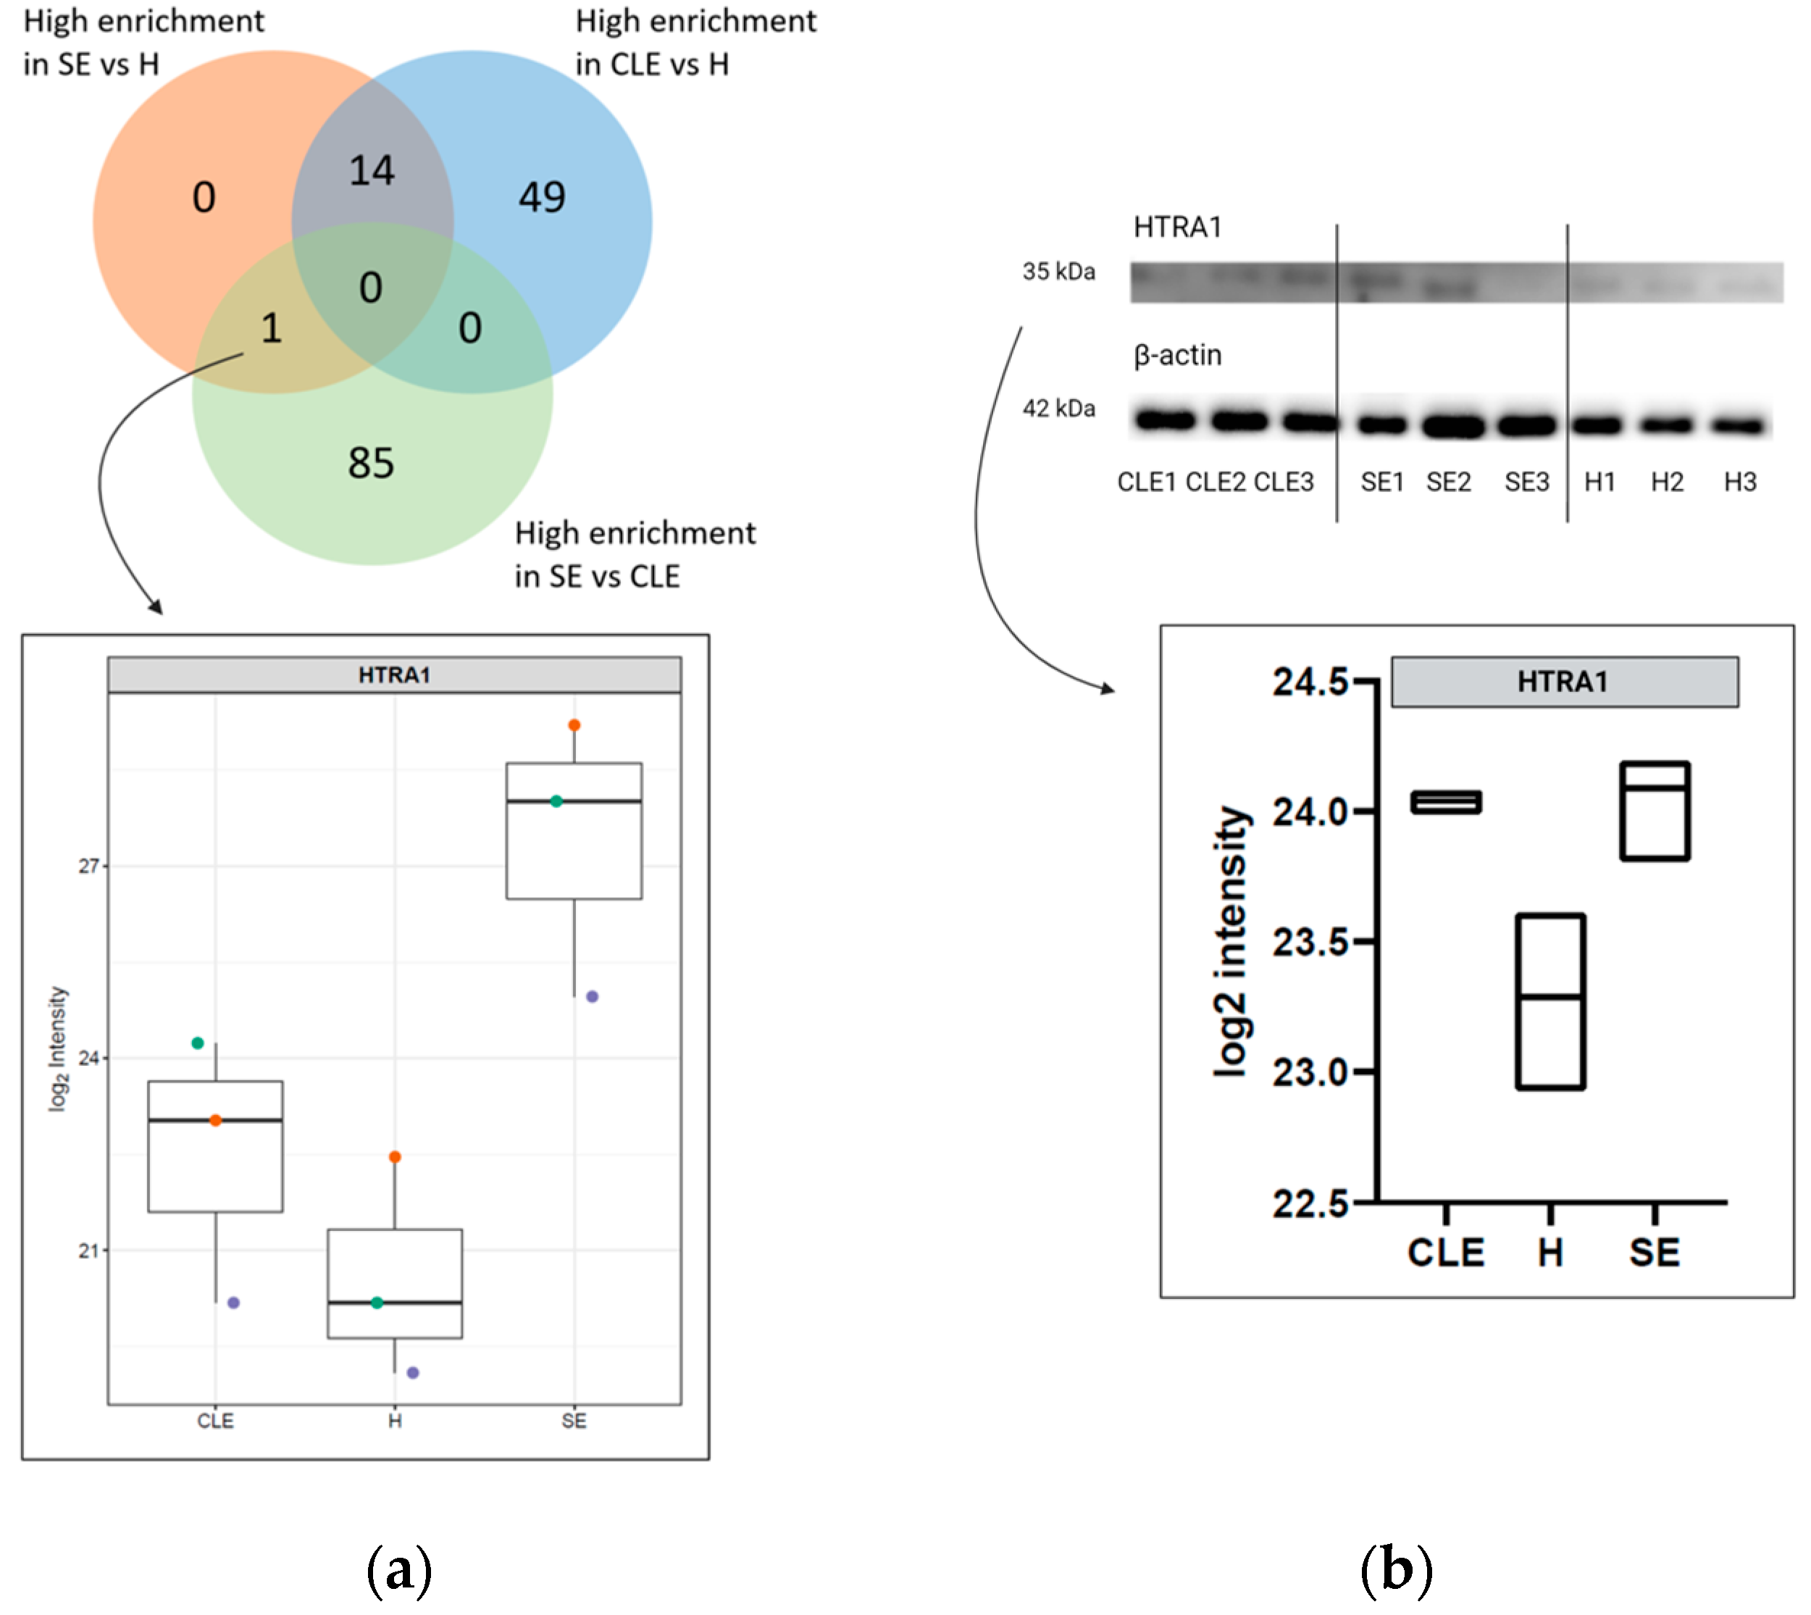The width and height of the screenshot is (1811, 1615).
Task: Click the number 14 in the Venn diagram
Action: coord(371,170)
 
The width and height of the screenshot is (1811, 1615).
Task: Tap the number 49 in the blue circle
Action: coord(541,197)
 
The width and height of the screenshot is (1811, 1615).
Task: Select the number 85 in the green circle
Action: coord(371,463)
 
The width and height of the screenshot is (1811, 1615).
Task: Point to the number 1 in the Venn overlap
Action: coord(272,328)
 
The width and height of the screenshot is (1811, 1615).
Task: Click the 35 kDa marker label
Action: coord(1058,272)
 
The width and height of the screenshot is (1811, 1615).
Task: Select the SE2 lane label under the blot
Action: coord(1448,482)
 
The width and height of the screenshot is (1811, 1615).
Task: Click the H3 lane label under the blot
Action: coord(1739,482)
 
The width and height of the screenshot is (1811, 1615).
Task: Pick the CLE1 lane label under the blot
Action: coord(1147,482)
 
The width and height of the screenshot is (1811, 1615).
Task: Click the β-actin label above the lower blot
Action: coord(1177,355)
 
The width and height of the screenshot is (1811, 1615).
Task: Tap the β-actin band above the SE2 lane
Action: coord(1452,426)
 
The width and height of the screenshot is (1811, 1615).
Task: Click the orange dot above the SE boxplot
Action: coord(574,725)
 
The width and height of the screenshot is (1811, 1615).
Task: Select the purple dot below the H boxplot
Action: coord(413,1373)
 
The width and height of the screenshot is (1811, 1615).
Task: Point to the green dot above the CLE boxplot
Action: coord(198,1043)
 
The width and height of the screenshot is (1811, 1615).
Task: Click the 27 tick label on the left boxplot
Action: coord(88,866)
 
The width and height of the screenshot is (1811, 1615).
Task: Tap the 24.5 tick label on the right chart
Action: coord(1310,683)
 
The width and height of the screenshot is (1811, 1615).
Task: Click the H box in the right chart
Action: coord(1550,1001)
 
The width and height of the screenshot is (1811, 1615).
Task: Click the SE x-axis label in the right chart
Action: coord(1654,1252)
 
